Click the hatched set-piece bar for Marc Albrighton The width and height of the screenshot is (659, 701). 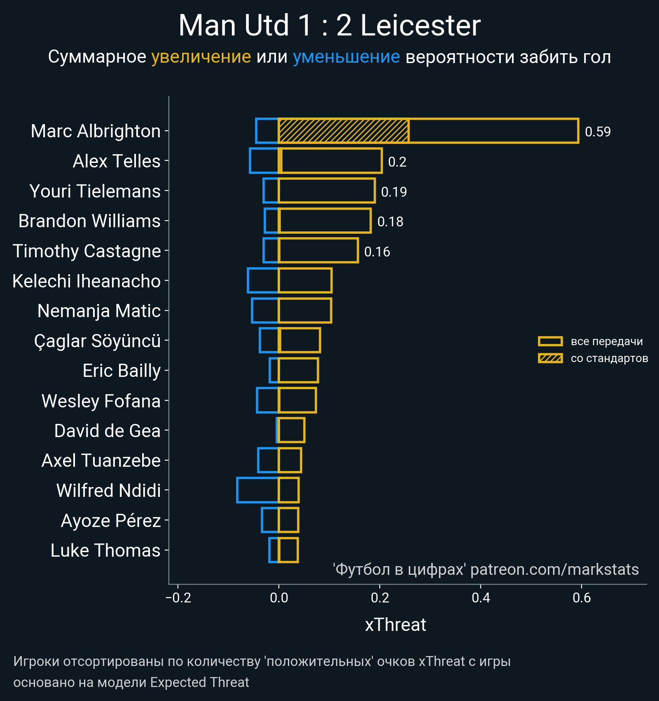344,131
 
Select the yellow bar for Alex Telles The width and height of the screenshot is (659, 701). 331,161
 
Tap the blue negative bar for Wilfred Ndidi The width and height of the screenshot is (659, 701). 257,490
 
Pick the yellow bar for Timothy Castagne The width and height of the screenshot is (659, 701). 318,251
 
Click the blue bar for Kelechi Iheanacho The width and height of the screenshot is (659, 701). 263,281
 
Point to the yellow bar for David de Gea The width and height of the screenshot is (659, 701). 292,430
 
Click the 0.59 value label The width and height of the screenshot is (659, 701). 598,132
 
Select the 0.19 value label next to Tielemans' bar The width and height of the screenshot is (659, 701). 394,192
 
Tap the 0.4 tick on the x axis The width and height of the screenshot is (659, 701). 481,597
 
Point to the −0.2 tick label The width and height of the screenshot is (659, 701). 178,597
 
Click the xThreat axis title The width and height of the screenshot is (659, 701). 395,625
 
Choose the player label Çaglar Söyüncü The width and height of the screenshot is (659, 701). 97,341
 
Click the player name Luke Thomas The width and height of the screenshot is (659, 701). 105,550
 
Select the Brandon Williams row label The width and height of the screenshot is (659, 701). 89,221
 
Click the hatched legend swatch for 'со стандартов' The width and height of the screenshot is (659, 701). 550,358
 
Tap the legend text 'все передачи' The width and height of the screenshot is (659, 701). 607,341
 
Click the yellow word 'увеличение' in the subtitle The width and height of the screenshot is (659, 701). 201,57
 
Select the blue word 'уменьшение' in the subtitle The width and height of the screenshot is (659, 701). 346,57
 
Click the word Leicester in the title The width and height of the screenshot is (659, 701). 421,26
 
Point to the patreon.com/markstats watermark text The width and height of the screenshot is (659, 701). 554,569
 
